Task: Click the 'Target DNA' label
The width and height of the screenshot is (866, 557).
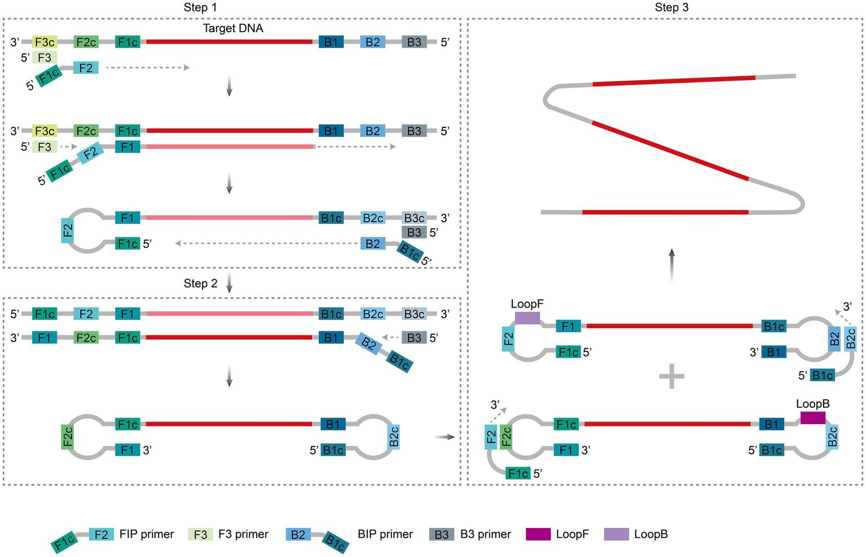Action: coord(233,28)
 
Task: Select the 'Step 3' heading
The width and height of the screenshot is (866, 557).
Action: coord(671,7)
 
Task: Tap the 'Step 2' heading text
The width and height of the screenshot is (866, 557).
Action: coord(200,284)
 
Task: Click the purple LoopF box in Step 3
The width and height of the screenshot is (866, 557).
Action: coord(527,318)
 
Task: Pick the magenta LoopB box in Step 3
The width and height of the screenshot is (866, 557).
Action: coord(812,418)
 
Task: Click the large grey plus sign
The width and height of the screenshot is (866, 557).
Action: coord(671,376)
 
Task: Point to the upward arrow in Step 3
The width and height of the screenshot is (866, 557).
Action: coord(671,265)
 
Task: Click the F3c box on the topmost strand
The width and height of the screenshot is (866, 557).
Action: coord(45,42)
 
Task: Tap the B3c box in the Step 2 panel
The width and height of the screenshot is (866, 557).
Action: coord(414,314)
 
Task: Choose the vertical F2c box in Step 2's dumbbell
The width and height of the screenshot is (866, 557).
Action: coord(68,437)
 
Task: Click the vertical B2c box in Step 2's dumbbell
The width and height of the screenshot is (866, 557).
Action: coord(394,436)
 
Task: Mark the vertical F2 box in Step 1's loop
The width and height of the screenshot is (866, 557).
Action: coord(68,231)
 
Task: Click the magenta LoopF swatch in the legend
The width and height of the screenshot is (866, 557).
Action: coord(538,534)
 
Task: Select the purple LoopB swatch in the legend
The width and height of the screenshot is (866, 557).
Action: coord(616,534)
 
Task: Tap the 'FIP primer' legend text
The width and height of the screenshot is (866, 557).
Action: coord(147,534)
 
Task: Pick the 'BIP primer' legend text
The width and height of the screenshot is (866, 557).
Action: coord(385,534)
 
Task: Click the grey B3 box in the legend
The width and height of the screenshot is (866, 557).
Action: coord(441,534)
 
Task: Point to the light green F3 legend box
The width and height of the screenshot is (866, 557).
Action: coord(200,534)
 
